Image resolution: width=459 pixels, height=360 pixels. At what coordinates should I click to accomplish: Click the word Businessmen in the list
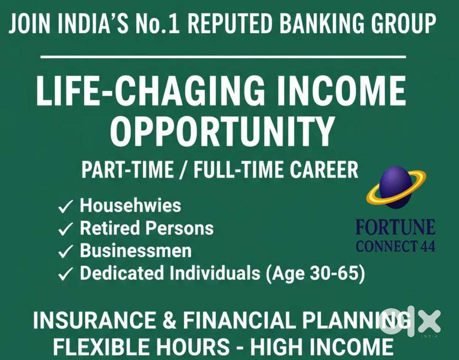[x=136, y=251]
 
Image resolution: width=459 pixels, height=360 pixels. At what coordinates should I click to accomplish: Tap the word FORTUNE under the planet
[x=395, y=228]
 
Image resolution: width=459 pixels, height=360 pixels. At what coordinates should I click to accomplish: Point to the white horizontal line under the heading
[x=223, y=57]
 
